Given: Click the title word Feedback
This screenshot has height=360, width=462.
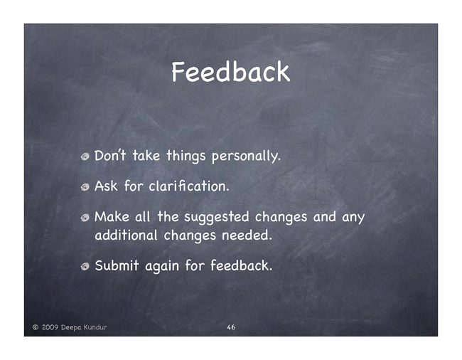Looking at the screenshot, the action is [231, 72].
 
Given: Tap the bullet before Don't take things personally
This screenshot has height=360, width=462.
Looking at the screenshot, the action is [85, 157].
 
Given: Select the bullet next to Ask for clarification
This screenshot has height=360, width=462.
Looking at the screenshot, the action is [85, 187].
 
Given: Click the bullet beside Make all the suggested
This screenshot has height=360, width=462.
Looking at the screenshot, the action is [85, 218].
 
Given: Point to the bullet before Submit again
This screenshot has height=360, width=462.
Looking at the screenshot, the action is [85, 267].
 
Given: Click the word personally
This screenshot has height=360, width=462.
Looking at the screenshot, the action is [246, 157].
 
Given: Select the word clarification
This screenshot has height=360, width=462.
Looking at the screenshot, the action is [189, 186].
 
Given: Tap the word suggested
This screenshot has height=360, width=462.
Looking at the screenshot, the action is [217, 217].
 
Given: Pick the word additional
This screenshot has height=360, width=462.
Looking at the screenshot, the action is [126, 235].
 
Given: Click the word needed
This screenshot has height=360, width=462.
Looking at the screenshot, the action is [247, 235].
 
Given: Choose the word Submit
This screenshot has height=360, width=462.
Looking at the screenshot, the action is [117, 265].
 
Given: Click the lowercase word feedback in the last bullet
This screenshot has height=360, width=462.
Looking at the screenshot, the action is [242, 265].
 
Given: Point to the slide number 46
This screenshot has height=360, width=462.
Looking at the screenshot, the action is [231, 327].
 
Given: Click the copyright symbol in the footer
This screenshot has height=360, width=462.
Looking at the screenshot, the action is [36, 327].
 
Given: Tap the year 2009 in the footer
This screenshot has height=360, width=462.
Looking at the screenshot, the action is [50, 327].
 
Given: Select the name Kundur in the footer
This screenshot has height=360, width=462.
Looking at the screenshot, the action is [95, 327].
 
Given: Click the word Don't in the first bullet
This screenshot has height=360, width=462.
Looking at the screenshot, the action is [110, 155].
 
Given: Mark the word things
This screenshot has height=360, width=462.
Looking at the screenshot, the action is [186, 157].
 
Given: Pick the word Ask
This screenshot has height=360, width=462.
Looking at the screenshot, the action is [106, 186].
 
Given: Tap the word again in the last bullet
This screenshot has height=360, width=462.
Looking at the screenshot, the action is [162, 266].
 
